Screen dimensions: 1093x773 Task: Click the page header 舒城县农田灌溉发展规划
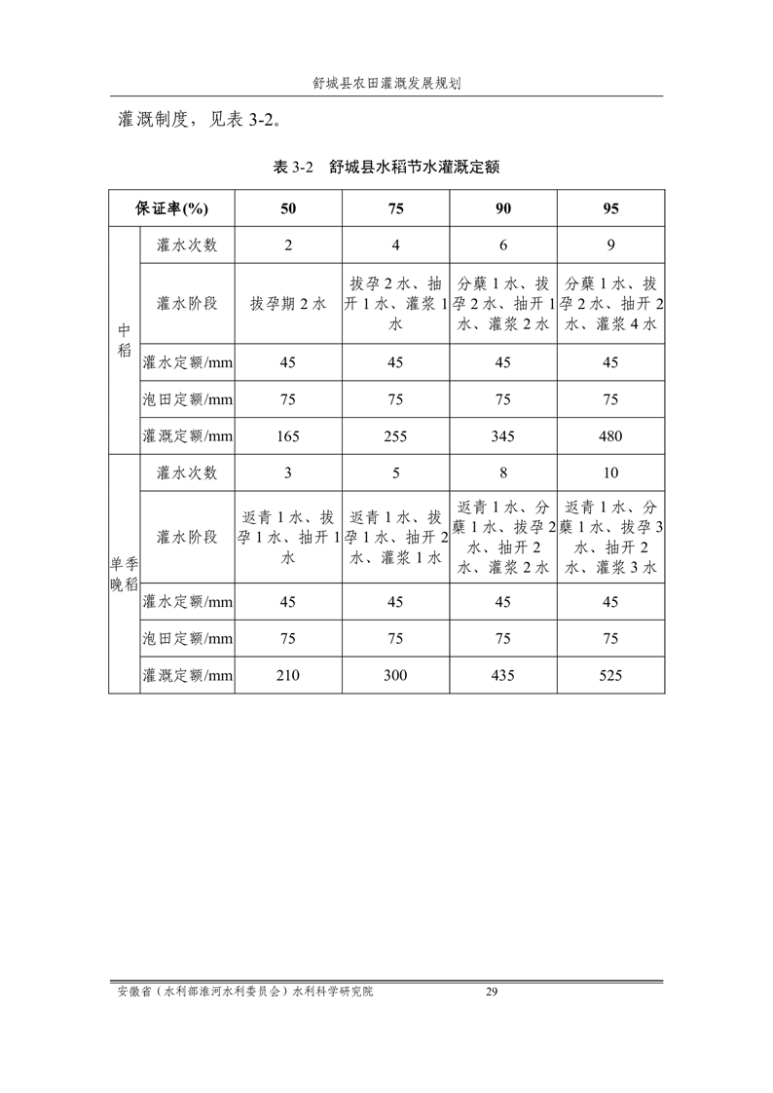(x=386, y=84)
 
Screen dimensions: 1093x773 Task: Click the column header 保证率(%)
(x=171, y=208)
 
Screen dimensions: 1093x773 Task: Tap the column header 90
(x=503, y=208)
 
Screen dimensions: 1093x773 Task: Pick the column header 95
(x=610, y=208)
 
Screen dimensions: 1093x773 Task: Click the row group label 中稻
(x=124, y=340)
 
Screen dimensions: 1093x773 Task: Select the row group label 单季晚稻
(x=124, y=574)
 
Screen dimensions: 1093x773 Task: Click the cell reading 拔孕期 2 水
(x=288, y=303)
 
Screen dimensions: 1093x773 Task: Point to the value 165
(x=288, y=436)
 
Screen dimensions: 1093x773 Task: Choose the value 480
(x=610, y=436)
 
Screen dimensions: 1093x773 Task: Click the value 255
(x=395, y=436)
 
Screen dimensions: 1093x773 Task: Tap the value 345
(x=503, y=436)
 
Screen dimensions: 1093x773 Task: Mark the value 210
(x=288, y=675)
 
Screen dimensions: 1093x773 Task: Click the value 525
(x=610, y=675)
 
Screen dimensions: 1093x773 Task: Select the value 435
(x=503, y=675)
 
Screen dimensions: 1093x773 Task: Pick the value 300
(x=395, y=675)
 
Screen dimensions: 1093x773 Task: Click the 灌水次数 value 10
(x=610, y=472)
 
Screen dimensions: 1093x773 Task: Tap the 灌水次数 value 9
(x=610, y=245)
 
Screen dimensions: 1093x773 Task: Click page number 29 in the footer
(x=492, y=992)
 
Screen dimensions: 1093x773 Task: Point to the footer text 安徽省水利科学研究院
(x=244, y=992)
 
